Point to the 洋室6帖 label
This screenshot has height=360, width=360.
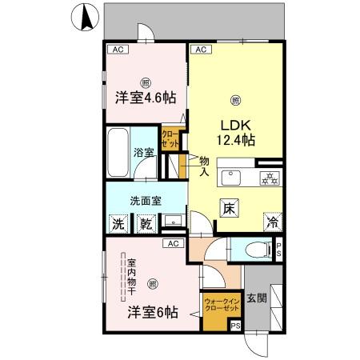[152, 311]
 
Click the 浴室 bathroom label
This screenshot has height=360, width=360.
[143, 152]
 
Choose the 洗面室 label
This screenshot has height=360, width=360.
[146, 201]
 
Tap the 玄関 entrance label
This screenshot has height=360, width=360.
[257, 299]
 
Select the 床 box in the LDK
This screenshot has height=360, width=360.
[229, 206]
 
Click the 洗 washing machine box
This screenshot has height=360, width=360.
[118, 223]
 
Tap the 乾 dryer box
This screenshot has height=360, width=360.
[146, 223]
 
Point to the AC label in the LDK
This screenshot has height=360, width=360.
[201, 50]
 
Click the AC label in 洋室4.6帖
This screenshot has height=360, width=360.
[117, 50]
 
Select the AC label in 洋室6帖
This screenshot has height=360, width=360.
[172, 242]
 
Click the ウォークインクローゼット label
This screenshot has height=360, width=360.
[222, 303]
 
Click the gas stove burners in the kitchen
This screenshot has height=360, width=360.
[270, 178]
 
